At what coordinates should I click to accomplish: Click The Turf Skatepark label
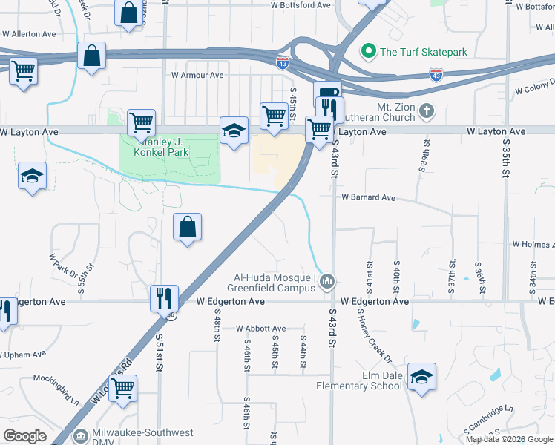[x=424, y=52]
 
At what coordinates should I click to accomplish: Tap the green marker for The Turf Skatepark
[x=367, y=52]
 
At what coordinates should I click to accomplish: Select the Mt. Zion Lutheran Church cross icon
[x=426, y=112]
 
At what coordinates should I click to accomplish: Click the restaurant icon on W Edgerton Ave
[x=163, y=298]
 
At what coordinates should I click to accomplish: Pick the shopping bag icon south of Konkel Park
[x=188, y=226]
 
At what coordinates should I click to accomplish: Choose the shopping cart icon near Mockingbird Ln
[x=122, y=387]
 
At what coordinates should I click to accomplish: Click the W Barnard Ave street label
[x=369, y=198]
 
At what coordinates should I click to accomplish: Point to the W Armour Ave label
[x=197, y=75]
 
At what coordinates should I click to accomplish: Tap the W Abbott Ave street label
[x=260, y=329]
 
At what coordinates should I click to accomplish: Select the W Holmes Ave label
[x=533, y=244]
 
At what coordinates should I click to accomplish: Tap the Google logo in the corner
[x=25, y=436]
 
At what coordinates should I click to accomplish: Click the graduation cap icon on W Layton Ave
[x=234, y=131]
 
